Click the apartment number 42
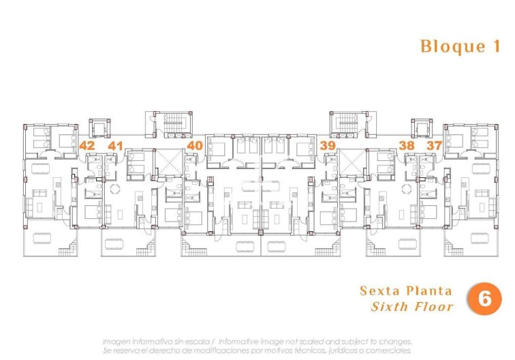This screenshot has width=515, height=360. coord(87,145)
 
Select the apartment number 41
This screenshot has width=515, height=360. coord(115,145)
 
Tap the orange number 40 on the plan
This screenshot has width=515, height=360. coord(195,145)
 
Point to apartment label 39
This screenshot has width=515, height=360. coord(328,145)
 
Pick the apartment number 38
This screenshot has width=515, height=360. coord(407,145)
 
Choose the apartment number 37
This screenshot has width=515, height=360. coord(434,145)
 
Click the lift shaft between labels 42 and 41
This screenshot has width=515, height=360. coord(100,127)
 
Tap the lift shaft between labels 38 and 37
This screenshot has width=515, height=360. coord(420,127)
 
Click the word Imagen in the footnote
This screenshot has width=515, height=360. coord(116,341)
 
